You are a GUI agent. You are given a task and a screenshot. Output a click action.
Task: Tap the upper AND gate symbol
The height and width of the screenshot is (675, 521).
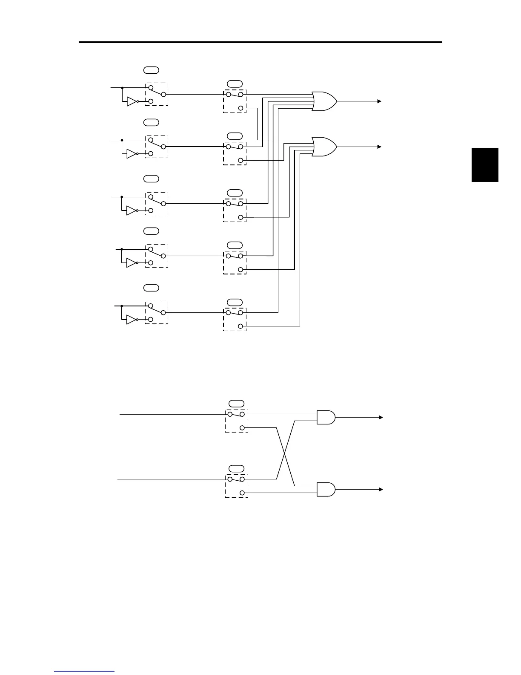tap(326, 418)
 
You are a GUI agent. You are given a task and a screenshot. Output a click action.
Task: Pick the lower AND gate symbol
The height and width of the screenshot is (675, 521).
tap(326, 490)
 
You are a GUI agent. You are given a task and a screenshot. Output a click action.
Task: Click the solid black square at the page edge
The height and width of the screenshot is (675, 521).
tap(485, 165)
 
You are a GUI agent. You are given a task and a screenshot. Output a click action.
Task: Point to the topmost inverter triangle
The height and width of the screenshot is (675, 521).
tap(132, 101)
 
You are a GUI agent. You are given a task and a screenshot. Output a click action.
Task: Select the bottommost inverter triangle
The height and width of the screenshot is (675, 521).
tap(132, 320)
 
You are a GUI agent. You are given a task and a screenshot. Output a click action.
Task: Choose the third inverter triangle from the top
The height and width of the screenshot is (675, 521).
tap(132, 211)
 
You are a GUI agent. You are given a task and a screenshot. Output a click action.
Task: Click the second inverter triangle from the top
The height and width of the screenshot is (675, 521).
tap(132, 153)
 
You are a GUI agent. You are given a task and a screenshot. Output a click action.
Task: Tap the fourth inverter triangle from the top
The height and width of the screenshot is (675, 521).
tap(132, 263)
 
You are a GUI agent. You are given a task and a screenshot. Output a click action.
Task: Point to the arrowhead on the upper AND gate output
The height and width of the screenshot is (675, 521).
tap(381, 418)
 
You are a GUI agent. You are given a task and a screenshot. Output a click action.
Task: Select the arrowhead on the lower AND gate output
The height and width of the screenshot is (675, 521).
tap(381, 490)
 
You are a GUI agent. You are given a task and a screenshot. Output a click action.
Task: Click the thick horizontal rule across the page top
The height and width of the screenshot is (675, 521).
tap(260, 42)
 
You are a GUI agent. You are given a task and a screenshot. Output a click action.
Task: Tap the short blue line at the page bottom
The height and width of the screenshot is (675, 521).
tap(84, 671)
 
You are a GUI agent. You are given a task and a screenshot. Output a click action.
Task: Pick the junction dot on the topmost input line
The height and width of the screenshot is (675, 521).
tap(122, 88)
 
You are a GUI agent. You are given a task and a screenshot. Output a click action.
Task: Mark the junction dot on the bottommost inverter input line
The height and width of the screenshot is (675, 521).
tap(122, 306)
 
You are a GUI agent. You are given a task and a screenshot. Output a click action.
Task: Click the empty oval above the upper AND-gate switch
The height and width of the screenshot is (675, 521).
tap(236, 403)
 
